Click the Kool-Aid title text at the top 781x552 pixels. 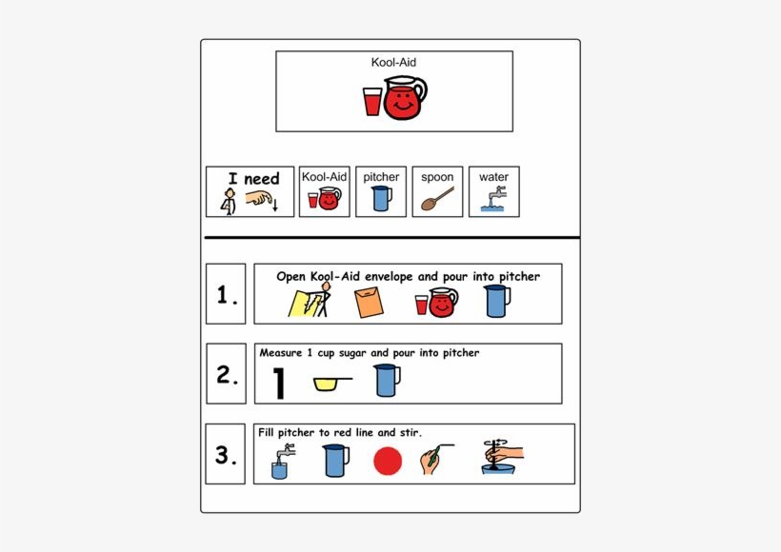(x=393, y=63)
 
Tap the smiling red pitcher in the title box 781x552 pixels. (x=404, y=98)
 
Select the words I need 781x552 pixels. (x=253, y=178)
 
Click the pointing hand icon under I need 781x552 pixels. (x=259, y=199)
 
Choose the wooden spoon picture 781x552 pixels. (x=437, y=198)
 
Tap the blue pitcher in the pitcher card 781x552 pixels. (x=381, y=198)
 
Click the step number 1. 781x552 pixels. (x=226, y=296)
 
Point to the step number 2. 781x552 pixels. (x=226, y=375)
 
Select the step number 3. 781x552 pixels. (x=226, y=456)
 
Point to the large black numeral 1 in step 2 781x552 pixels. (x=279, y=383)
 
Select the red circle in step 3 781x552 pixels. (x=388, y=462)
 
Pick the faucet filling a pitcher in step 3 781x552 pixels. (x=280, y=462)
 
